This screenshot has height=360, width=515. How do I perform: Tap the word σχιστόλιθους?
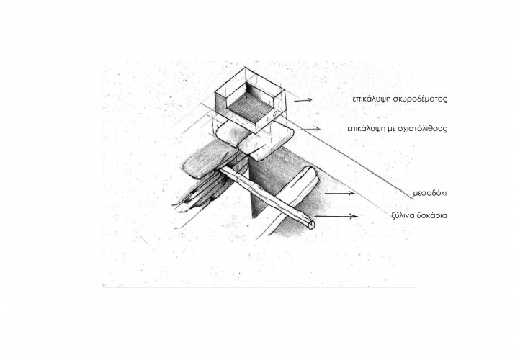click(422, 128)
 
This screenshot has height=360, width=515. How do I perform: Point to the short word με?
click(391, 129)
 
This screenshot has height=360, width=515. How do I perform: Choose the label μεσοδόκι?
click(429, 193)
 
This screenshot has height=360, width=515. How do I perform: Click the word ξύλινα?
click(403, 215)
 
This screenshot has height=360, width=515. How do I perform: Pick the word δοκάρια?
click(431, 215)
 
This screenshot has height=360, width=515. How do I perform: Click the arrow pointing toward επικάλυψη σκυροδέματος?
click(303, 100)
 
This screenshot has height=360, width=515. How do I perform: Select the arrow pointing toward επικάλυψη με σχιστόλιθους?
click(310, 129)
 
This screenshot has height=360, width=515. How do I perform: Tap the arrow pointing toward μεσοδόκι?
click(339, 193)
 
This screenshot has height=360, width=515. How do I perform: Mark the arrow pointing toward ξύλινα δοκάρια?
click(336, 216)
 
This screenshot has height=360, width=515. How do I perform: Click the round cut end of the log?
click(311, 225)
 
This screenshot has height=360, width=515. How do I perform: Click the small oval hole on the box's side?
click(274, 114)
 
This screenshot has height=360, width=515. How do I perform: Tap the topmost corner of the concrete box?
click(246, 68)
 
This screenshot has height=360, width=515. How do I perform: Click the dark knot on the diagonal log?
click(261, 189)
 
